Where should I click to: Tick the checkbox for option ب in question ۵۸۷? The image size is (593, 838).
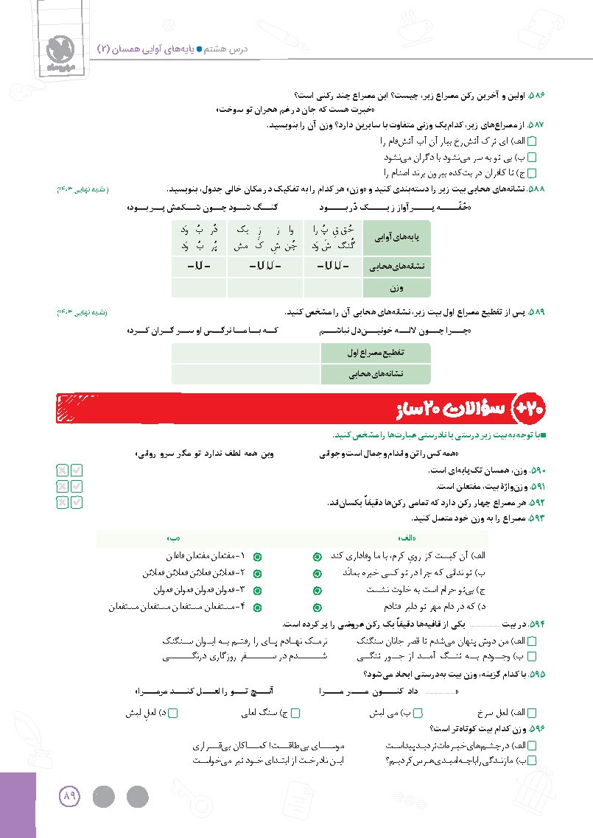[x=533, y=158]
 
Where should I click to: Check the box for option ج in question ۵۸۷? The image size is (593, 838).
[x=533, y=173]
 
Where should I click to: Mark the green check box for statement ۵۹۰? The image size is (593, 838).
[x=77, y=470]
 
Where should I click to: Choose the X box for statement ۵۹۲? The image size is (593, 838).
[x=62, y=502]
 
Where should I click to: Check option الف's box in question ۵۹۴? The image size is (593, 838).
[x=533, y=642]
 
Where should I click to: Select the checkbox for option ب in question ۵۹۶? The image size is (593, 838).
[x=533, y=761]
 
